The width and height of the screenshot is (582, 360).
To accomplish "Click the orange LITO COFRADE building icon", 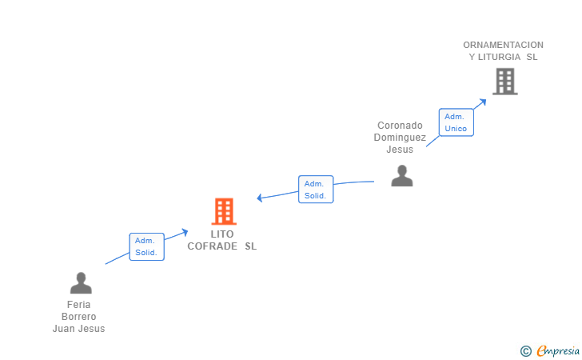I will click(x=224, y=211).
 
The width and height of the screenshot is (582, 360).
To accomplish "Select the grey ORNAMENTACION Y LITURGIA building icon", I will click(x=504, y=81).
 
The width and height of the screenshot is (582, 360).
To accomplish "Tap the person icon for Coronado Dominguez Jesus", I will click(x=401, y=176).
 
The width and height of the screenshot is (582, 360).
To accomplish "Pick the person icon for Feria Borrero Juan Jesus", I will click(x=81, y=283).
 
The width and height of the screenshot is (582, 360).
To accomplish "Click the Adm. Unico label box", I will click(x=456, y=122).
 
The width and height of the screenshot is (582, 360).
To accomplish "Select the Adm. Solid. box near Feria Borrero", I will click(x=146, y=246).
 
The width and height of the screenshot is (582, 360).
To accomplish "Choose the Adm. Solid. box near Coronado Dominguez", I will click(x=316, y=190).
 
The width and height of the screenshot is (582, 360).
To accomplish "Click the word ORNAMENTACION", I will click(x=503, y=45).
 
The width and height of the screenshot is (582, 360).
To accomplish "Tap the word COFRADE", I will click(x=213, y=246).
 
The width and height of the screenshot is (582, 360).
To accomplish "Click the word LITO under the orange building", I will click(x=222, y=234).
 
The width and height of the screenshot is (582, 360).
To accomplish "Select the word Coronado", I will click(x=400, y=126).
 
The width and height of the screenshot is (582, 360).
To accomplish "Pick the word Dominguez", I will click(x=400, y=138).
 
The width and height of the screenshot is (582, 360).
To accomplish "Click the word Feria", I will click(x=79, y=305).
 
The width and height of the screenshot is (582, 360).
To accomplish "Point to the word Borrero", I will click(x=79, y=317).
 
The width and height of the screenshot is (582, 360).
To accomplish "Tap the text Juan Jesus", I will click(x=79, y=329).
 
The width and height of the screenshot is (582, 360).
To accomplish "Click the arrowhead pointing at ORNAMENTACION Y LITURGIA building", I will click(x=482, y=102).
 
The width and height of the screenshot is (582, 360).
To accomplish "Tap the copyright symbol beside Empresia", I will click(x=525, y=350).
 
